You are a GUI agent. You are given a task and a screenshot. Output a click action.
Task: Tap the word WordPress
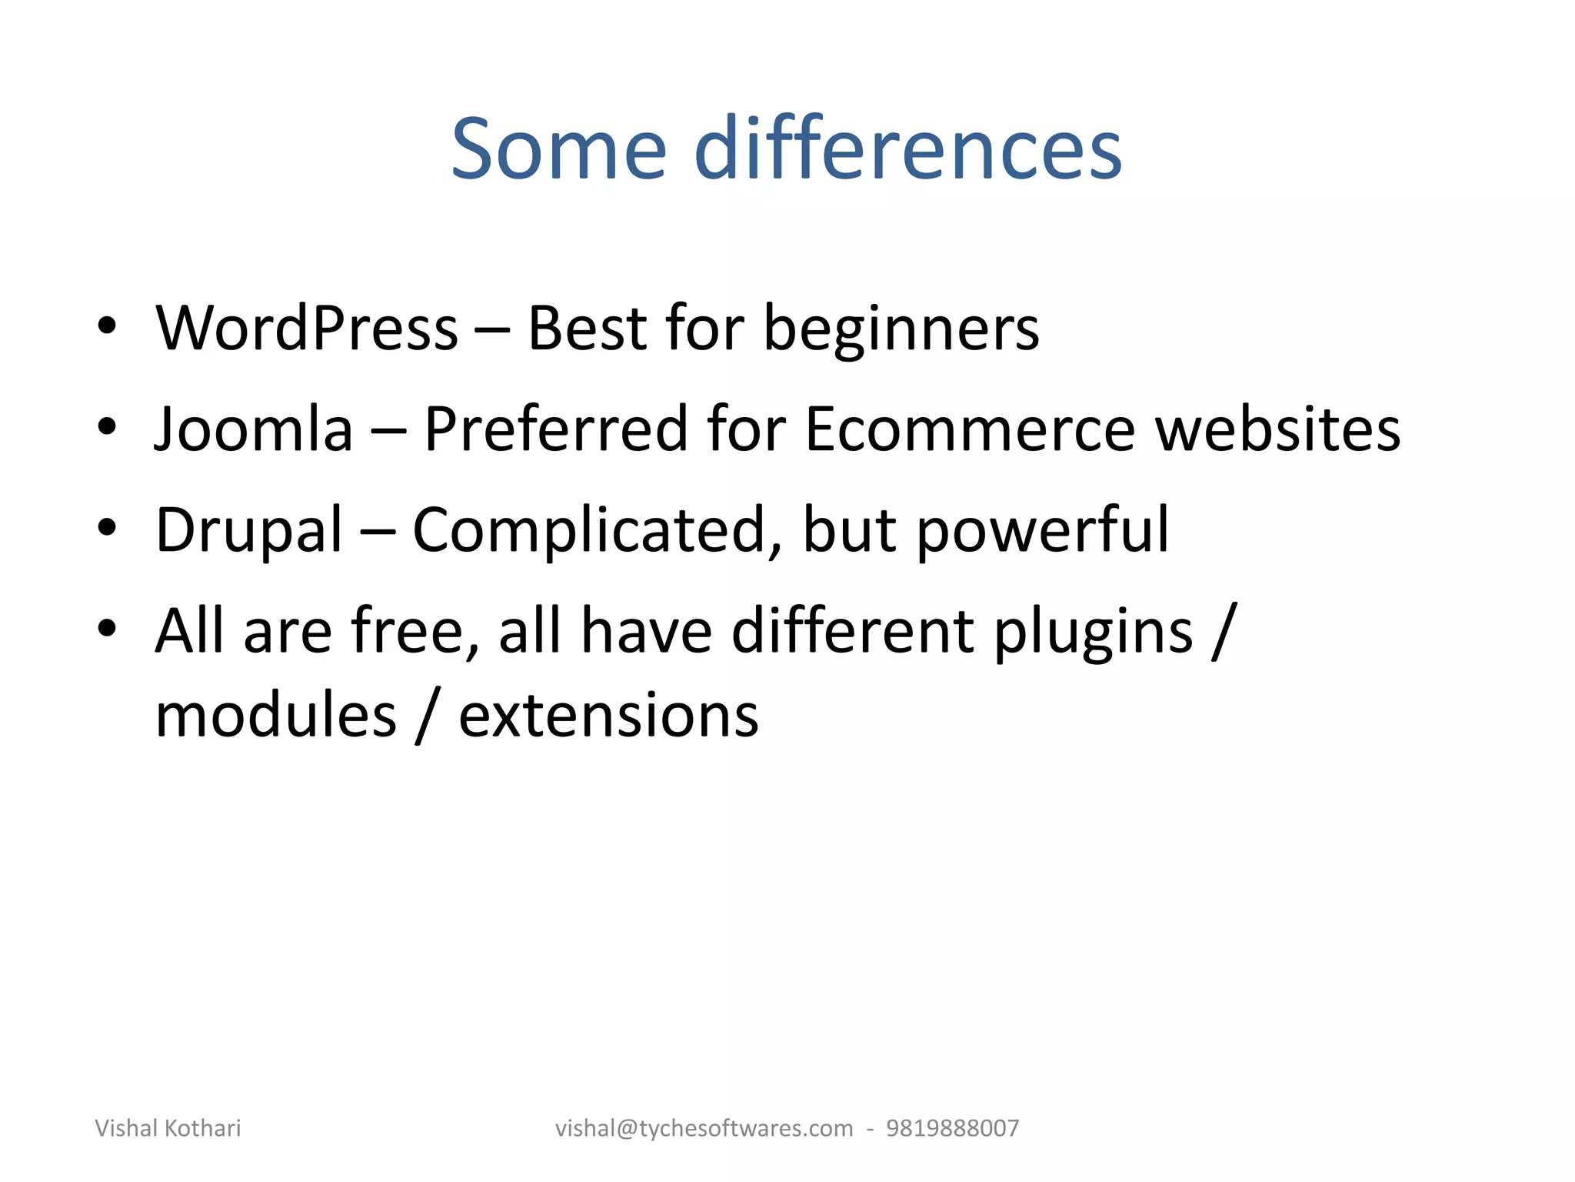click(x=307, y=329)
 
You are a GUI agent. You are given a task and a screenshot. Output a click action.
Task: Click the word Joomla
click(x=254, y=429)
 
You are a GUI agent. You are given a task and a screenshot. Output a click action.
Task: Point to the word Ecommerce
click(x=970, y=429)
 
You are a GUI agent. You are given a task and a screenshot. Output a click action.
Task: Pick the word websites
click(x=1277, y=429)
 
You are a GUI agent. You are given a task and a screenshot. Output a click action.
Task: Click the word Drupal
click(x=248, y=531)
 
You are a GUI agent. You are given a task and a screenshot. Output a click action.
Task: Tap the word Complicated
click(x=598, y=531)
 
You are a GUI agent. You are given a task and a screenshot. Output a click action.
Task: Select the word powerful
click(x=1042, y=531)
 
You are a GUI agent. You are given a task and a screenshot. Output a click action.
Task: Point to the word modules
click(x=276, y=716)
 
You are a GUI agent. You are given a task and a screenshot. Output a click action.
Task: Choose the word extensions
click(x=608, y=716)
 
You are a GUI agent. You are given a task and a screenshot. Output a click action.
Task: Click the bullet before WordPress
click(x=107, y=326)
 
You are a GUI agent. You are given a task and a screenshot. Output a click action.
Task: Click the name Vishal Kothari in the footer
click(x=168, y=1128)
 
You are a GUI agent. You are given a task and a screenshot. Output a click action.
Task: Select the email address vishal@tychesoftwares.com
click(x=704, y=1128)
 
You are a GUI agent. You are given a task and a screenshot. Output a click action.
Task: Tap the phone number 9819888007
click(x=952, y=1128)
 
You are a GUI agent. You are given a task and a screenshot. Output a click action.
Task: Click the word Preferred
click(x=555, y=429)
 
